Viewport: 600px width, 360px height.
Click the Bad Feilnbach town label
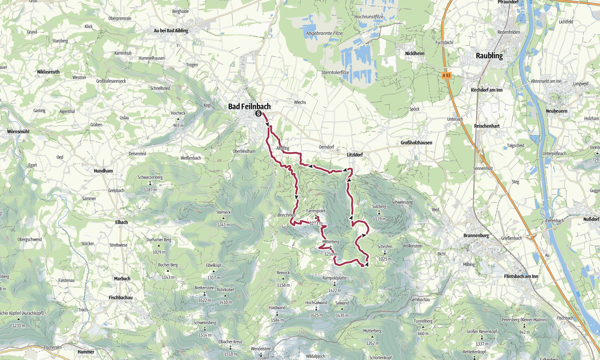pos(249,106)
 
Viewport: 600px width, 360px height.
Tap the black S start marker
pos(259,113)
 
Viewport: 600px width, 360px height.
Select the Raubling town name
pos(489,56)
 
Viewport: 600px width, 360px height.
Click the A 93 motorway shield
pos(447,75)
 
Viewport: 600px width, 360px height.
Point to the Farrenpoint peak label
pos(316,211)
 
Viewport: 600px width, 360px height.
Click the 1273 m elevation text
pos(316,223)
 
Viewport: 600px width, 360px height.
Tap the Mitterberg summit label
pos(331,242)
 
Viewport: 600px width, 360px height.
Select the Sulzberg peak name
pos(379,207)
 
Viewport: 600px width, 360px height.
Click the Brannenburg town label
pos(476,235)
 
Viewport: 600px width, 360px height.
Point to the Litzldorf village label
pos(355,155)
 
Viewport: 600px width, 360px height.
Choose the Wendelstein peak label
pos(261,349)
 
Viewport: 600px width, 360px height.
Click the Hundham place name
pos(103,171)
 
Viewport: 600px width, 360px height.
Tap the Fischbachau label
pos(120,297)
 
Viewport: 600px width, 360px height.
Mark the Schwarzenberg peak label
pos(150,177)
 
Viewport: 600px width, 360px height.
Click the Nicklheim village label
pos(415,53)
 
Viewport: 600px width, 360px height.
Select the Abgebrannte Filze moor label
pos(324,33)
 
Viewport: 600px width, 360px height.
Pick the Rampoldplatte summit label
pos(335,278)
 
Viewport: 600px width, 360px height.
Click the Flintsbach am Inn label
pos(521,276)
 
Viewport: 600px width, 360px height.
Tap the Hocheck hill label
pos(178,113)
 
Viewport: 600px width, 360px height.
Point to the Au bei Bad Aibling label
pos(171,30)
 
